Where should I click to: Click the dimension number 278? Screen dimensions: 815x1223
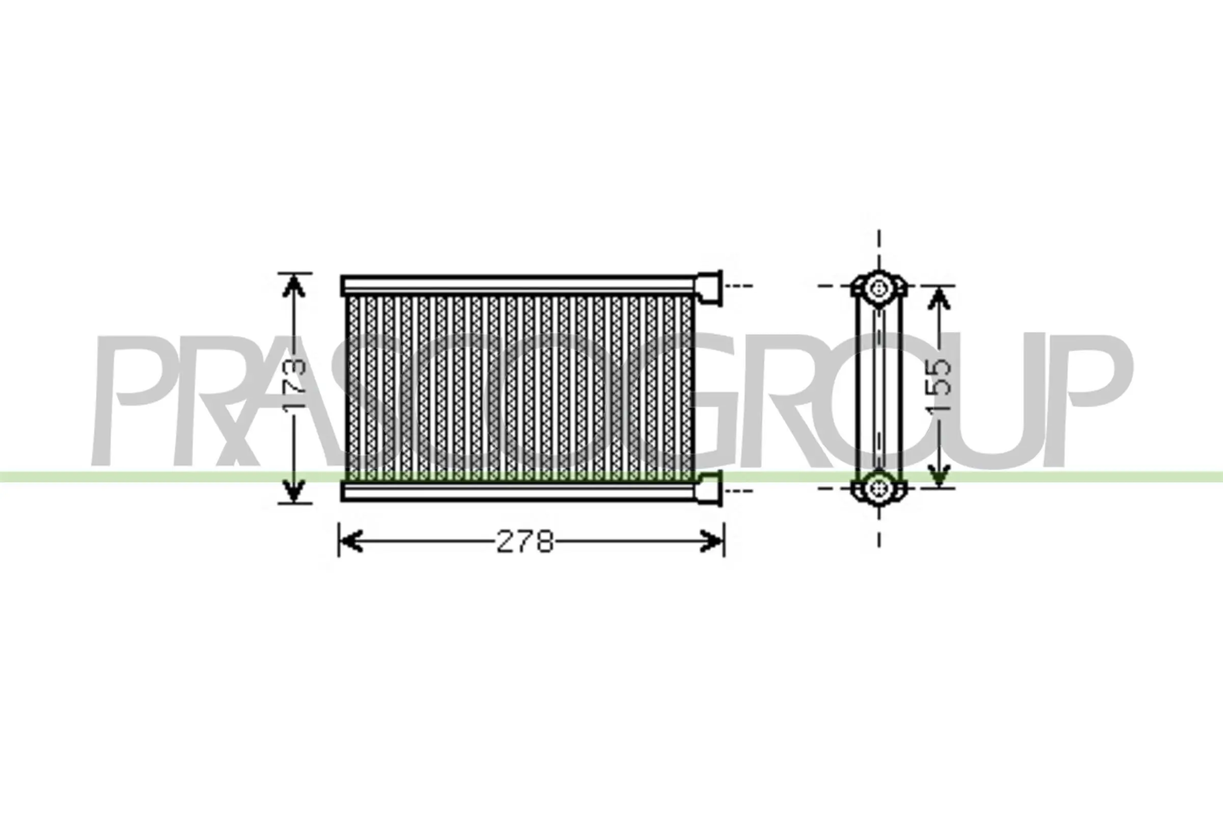click(525, 541)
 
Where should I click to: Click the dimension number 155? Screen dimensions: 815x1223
click(939, 385)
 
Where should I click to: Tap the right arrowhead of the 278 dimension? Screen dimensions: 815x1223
click(712, 541)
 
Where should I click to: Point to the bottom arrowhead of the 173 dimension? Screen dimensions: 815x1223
click(294, 491)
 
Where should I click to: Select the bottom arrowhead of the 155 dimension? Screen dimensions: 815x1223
click(939, 476)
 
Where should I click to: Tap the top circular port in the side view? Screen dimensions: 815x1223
click(879, 287)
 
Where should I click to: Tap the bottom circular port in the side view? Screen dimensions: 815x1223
click(879, 488)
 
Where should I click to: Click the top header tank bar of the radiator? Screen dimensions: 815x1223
click(517, 285)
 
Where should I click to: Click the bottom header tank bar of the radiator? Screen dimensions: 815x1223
click(517, 491)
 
